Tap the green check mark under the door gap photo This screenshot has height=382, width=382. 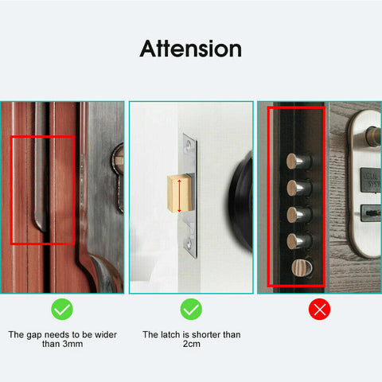coord(62,310)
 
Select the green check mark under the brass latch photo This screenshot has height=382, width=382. coord(191,310)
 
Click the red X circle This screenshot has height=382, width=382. coord(319,310)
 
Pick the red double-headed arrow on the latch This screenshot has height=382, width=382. coord(180,197)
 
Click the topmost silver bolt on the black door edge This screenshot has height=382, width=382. coord(298,162)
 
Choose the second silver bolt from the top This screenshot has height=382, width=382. coord(298,189)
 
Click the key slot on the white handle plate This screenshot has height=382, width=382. coord(368,213)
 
